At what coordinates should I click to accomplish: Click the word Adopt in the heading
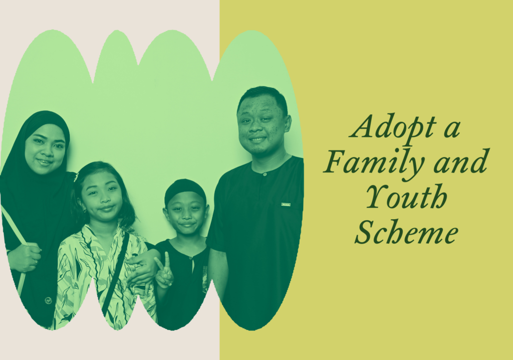(x=394, y=127)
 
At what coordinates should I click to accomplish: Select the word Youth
(x=406, y=197)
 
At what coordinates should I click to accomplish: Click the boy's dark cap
(x=185, y=190)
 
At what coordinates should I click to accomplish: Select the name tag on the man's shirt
(x=286, y=205)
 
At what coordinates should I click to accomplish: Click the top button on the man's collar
(x=265, y=174)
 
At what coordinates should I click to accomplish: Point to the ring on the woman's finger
(x=36, y=261)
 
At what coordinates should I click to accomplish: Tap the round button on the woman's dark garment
(x=49, y=300)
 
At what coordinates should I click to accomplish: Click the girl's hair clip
(x=76, y=177)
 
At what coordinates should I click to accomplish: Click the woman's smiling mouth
(x=44, y=161)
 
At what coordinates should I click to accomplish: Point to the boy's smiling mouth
(x=187, y=225)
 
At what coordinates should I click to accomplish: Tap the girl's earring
(x=84, y=210)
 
